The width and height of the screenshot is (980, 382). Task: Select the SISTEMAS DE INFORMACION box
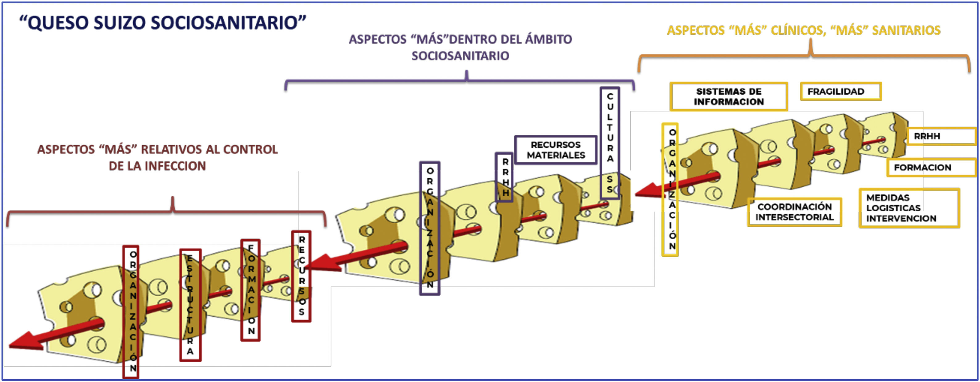(x=728, y=97)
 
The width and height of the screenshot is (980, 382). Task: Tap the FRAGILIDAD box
(x=840, y=92)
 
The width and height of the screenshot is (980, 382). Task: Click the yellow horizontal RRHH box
(x=941, y=136)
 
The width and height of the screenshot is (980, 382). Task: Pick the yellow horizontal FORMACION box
(x=931, y=168)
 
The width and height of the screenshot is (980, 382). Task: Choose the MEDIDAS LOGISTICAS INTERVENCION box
(x=909, y=208)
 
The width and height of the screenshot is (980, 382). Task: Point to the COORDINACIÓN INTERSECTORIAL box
(x=794, y=212)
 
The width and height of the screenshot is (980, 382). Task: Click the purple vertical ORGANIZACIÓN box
(x=430, y=228)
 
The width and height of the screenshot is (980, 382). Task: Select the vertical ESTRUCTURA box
(x=190, y=305)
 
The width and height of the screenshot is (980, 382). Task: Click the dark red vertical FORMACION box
(x=251, y=290)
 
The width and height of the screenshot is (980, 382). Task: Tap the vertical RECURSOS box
(x=301, y=276)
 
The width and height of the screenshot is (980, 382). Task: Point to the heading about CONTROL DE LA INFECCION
(x=157, y=157)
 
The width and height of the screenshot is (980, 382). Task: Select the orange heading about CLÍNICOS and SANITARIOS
(x=803, y=30)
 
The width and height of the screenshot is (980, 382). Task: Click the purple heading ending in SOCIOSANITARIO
(x=460, y=47)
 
